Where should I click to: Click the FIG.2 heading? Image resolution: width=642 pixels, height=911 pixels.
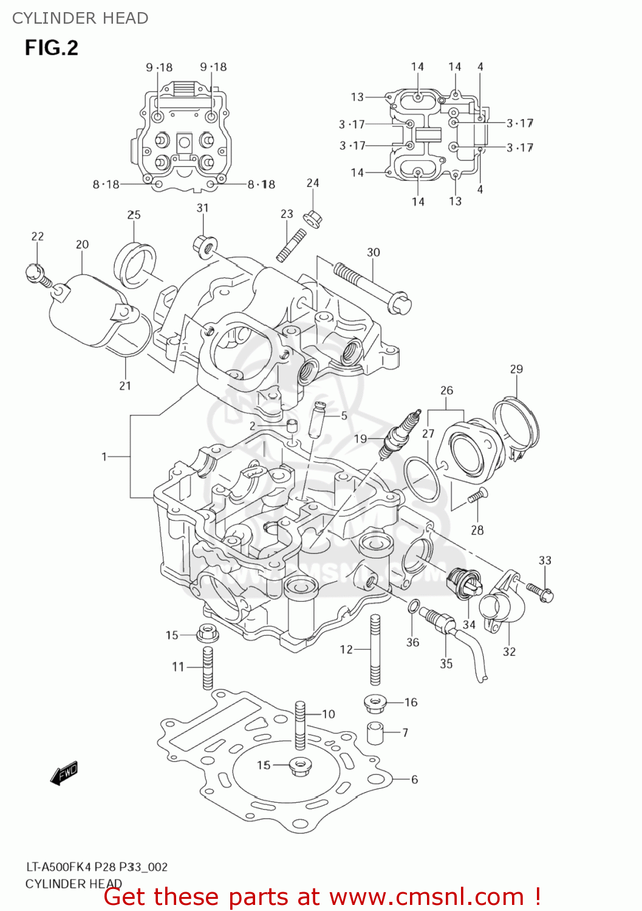pyautogui.click(x=52, y=47)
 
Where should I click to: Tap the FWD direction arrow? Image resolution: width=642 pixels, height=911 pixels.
pyautogui.click(x=64, y=773)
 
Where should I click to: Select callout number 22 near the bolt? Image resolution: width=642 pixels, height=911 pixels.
pyautogui.click(x=38, y=236)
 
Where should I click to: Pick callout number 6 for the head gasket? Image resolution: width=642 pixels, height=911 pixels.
pyautogui.click(x=414, y=779)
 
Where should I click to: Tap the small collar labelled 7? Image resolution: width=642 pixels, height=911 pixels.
pyautogui.click(x=376, y=732)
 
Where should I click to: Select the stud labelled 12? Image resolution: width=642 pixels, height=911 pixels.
pyautogui.click(x=375, y=650)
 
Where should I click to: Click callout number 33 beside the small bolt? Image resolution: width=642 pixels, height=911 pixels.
pyautogui.click(x=545, y=560)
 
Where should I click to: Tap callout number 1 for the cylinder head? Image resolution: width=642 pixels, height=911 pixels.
pyautogui.click(x=104, y=456)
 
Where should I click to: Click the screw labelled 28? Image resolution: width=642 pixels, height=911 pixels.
pyautogui.click(x=477, y=496)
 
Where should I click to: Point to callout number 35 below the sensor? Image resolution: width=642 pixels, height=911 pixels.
pyautogui.click(x=446, y=664)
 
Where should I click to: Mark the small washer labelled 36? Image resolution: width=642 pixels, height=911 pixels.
pyautogui.click(x=413, y=606)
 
